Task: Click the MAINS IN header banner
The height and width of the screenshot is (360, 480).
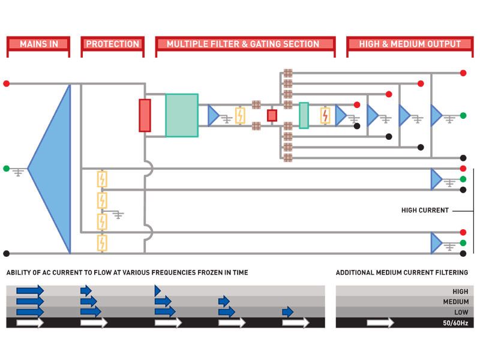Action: tap(38, 44)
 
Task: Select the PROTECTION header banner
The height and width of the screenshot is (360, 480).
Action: tap(113, 44)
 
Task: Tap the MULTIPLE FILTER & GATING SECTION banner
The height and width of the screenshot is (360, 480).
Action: tap(245, 44)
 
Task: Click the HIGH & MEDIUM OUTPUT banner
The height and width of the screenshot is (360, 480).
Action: tap(410, 44)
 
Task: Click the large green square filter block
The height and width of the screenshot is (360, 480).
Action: tap(181, 115)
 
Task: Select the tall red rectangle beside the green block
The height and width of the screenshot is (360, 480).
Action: tap(145, 115)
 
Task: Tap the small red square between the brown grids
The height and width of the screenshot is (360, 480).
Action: tap(272, 115)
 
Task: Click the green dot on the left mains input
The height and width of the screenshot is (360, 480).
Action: tap(6, 169)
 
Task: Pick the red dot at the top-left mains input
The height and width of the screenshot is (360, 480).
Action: tap(6, 83)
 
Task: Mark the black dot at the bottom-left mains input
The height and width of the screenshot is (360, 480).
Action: tap(6, 253)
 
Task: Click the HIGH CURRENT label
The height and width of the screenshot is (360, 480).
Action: tap(425, 211)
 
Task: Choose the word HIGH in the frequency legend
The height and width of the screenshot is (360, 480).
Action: tap(460, 292)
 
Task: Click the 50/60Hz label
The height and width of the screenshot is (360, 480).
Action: tap(455, 323)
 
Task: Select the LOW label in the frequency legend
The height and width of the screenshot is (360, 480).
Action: tap(460, 312)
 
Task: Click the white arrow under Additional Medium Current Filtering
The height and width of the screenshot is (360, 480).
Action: tap(380, 323)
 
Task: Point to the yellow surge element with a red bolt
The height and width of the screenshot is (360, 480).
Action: tap(325, 115)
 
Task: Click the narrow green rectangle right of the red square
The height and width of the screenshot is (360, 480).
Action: tap(304, 115)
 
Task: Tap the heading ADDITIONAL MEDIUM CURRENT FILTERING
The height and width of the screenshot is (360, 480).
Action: tap(402, 273)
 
